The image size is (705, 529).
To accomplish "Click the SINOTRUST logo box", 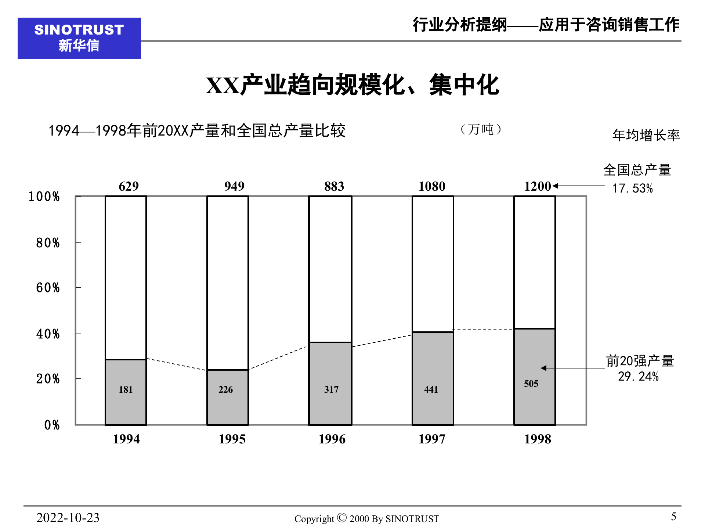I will coord(79,38).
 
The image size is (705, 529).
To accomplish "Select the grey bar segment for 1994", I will coord(126,392).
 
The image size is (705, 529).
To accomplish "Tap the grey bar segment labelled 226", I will coord(227,397).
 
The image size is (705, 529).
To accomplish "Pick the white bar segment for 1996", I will coord(330,269).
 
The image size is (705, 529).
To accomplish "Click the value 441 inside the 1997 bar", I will coord(431,389).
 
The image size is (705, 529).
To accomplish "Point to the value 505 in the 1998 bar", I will coord(531,384).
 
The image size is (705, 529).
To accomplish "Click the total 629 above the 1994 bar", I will coord(129,186).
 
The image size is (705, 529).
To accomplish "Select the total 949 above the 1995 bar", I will coord(234,186).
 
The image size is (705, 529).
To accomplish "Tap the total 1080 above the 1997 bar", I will coord(432,186).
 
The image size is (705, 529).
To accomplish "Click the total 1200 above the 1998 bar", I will coord(538,186).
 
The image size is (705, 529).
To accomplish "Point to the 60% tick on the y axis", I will coord(48,288).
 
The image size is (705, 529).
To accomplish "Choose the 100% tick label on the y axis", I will coord(44,197).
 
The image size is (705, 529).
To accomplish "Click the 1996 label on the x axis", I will coord(332,439).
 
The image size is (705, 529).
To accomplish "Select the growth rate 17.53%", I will coord(632,188).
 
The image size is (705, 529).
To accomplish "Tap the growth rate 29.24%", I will coord(638,377).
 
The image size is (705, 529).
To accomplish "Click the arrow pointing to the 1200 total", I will coord(579,186).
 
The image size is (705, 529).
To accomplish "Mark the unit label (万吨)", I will coord(481,129).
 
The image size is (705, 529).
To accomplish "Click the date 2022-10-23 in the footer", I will coord(68,518).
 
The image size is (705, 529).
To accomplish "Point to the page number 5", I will coord(673,517).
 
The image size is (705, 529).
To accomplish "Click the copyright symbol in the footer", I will coord(341,518).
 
